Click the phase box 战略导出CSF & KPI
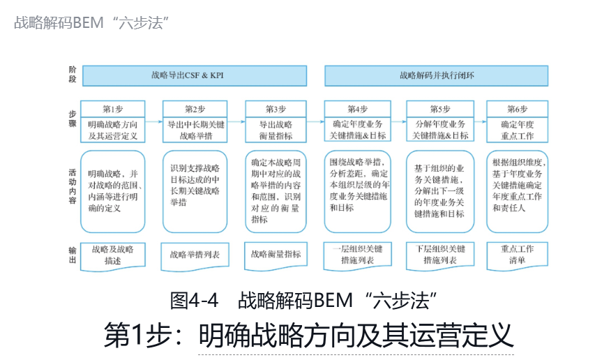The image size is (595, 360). click(x=195, y=75)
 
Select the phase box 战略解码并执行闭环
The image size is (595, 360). click(x=437, y=75)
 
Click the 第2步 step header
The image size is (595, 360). click(x=195, y=109)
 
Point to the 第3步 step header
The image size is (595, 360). click(x=276, y=109)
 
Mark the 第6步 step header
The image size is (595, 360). click(x=517, y=109)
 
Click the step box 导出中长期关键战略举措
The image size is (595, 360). click(x=195, y=130)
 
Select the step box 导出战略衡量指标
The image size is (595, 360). click(x=276, y=130)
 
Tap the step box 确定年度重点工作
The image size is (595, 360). click(x=517, y=130)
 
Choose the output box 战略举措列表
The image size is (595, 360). click(x=195, y=255)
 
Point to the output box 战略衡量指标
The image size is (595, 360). click(x=276, y=255)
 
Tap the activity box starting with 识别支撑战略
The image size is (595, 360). click(x=195, y=190)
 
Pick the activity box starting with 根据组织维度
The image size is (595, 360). click(x=517, y=190)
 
